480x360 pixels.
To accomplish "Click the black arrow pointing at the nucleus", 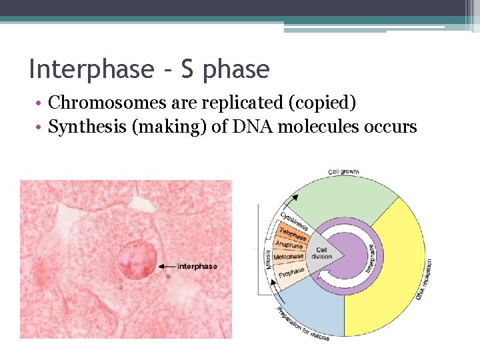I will (167, 267).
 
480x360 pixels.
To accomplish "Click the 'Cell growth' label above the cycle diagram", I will (343, 172).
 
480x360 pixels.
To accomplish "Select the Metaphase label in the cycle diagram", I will (289, 257).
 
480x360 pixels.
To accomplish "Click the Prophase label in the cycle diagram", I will (291, 272).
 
